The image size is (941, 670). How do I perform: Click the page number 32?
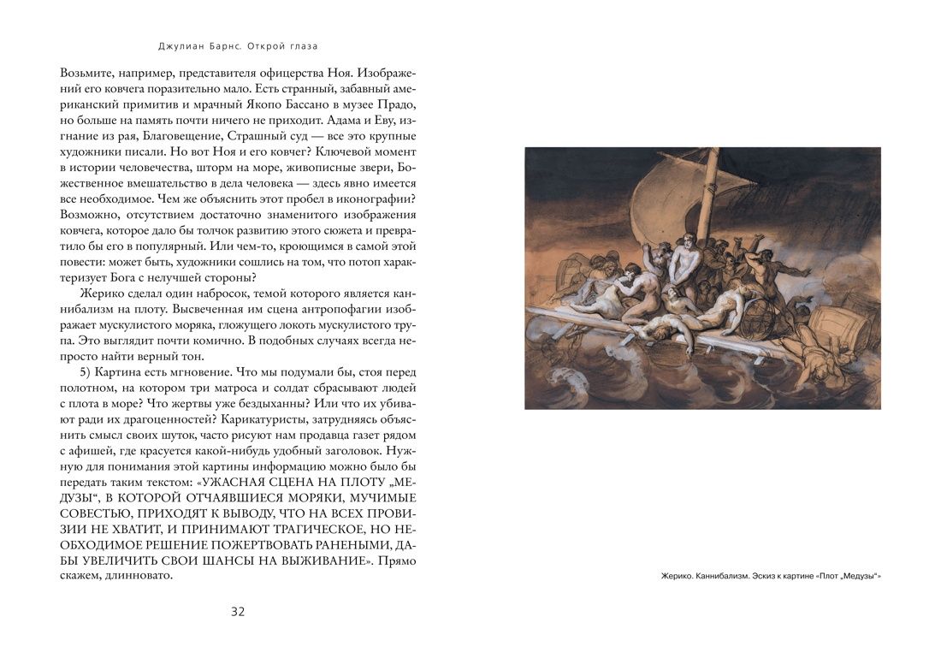pos(238,611)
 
